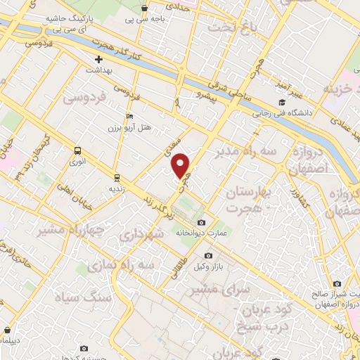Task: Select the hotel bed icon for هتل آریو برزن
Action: pos(128,116)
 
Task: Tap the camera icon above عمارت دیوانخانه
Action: pos(201,223)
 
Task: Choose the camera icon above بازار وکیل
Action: pos(208,255)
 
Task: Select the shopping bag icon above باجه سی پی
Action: pos(144,8)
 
